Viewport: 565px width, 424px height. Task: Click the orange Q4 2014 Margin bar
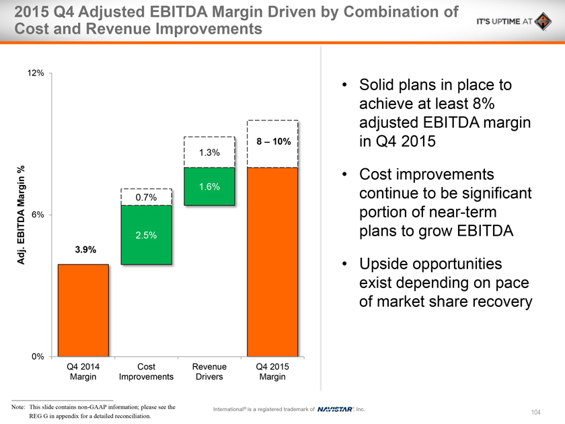83,310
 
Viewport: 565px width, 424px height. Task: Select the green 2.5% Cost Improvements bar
146,235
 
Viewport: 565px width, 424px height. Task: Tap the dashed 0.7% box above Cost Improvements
146,197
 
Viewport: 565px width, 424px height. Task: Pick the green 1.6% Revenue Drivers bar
209,186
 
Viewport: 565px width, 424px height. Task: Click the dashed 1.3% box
209,152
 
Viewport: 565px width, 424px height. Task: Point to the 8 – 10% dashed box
272,143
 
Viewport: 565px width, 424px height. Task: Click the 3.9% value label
83,250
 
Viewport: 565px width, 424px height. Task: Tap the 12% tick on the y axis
36,73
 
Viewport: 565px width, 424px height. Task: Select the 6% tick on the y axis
38,215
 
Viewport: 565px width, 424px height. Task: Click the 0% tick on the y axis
38,356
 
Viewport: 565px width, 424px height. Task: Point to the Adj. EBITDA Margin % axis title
22,214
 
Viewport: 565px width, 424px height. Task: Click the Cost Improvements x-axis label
146,372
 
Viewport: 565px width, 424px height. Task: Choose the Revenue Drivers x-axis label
209,372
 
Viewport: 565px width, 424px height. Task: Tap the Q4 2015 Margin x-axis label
272,372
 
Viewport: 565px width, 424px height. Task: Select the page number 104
535,411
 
